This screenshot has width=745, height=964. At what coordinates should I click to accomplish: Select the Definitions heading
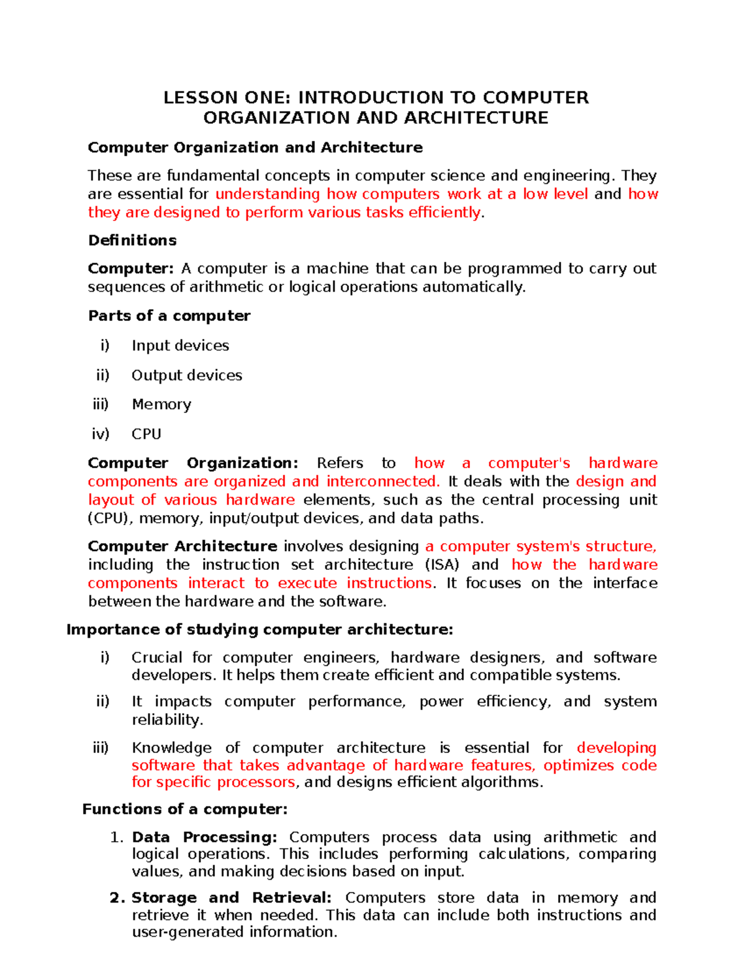pos(132,240)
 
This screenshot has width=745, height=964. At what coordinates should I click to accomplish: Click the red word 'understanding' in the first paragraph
pos(268,194)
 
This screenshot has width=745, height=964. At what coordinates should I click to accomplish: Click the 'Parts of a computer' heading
pos(169,316)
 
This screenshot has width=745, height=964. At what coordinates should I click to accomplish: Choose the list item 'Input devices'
pos(180,346)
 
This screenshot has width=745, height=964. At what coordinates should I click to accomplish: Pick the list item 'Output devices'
pos(187,376)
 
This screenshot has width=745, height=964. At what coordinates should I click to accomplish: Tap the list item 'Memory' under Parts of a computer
pos(161,405)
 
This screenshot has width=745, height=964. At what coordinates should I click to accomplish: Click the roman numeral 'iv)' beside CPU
pos(101,434)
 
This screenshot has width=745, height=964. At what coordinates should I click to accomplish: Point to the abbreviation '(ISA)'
pos(442,565)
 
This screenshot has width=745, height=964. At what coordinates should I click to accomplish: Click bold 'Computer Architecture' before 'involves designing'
pos(183,546)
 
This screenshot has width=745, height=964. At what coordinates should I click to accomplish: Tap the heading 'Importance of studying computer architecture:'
pos(260,629)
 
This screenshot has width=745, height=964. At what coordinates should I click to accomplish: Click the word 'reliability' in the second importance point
pos(166,720)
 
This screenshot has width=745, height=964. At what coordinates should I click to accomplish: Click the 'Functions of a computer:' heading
pos(185,809)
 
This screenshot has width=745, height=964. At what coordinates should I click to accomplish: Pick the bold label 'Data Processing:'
pos(204,837)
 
